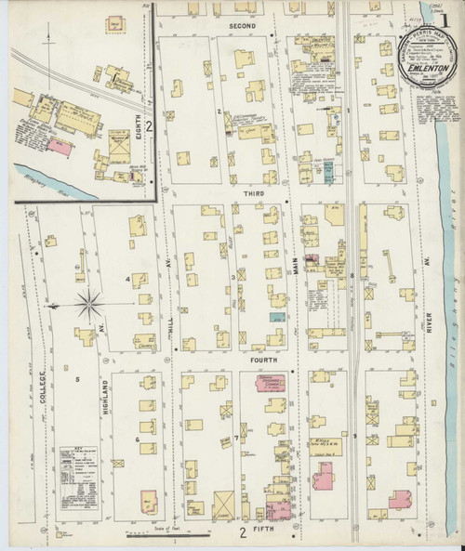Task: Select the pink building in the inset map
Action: [x=58, y=146]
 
